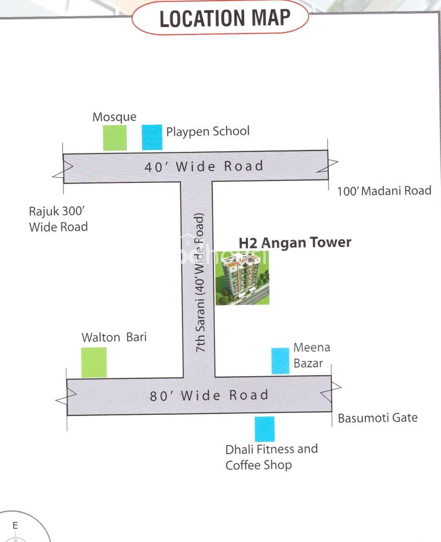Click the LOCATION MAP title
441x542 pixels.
click(x=225, y=18)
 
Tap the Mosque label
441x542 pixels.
click(x=114, y=117)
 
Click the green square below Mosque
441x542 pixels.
click(x=115, y=138)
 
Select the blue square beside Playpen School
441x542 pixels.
click(x=152, y=137)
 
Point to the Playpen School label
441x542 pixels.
click(x=207, y=131)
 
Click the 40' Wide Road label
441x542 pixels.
click(x=204, y=167)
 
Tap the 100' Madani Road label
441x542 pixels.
click(x=384, y=191)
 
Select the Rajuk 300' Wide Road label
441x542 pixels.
click(x=58, y=219)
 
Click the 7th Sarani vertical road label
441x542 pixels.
click(x=200, y=283)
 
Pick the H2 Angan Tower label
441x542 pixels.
click(x=295, y=242)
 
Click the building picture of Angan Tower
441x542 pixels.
click(x=242, y=278)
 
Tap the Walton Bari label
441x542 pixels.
click(x=114, y=337)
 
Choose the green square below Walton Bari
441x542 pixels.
click(x=94, y=363)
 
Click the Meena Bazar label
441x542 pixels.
click(x=312, y=356)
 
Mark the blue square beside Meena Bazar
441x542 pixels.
click(x=280, y=361)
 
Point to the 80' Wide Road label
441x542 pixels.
click(x=209, y=396)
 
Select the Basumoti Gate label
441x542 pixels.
click(x=378, y=418)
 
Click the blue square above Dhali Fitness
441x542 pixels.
click(x=265, y=429)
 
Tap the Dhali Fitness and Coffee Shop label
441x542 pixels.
click(x=272, y=457)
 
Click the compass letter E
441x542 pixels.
click(x=15, y=526)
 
